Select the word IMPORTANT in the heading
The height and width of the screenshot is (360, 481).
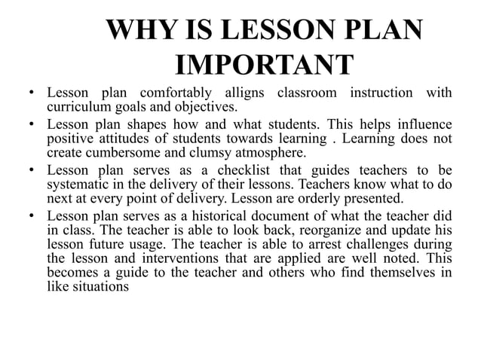(264, 65)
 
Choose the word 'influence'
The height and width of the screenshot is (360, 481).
(424, 124)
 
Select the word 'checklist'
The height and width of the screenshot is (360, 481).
(244, 170)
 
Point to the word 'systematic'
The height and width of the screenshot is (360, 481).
(78, 185)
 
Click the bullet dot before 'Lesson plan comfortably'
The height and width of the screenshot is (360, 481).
(32, 94)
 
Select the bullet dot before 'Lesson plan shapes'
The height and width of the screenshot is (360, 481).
(32, 124)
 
